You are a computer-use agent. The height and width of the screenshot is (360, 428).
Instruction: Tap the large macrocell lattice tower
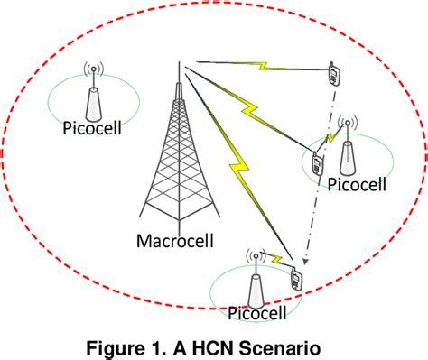pyautogui.click(x=176, y=162)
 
